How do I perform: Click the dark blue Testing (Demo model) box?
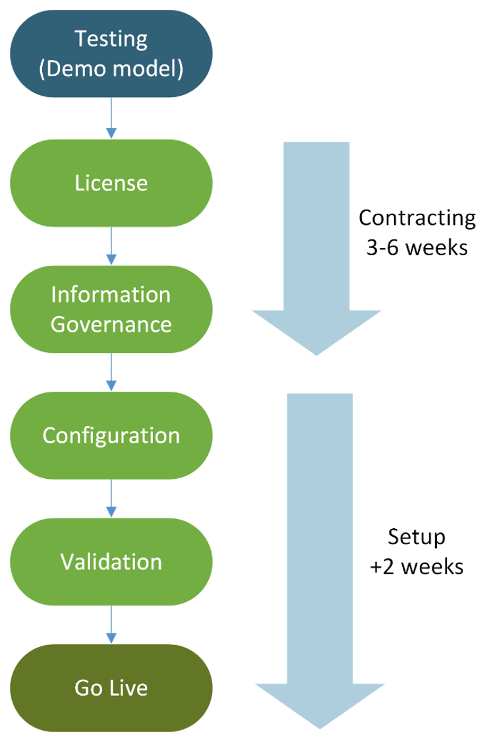click(111, 53)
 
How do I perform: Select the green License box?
click(111, 183)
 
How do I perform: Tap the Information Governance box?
click(111, 309)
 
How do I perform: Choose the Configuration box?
click(111, 435)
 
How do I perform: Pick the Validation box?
click(111, 562)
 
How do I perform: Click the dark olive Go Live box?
click(111, 688)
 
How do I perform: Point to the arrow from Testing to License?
click(111, 119)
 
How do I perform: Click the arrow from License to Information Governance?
click(111, 246)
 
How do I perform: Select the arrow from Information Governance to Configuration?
click(111, 373)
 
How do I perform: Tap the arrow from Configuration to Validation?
click(111, 499)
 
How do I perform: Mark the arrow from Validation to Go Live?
click(111, 625)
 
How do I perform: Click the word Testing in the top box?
click(111, 39)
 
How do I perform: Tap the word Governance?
click(111, 325)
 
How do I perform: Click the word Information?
click(111, 294)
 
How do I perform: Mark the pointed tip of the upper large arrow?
click(316, 355)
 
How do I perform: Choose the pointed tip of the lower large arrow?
click(320, 727)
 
